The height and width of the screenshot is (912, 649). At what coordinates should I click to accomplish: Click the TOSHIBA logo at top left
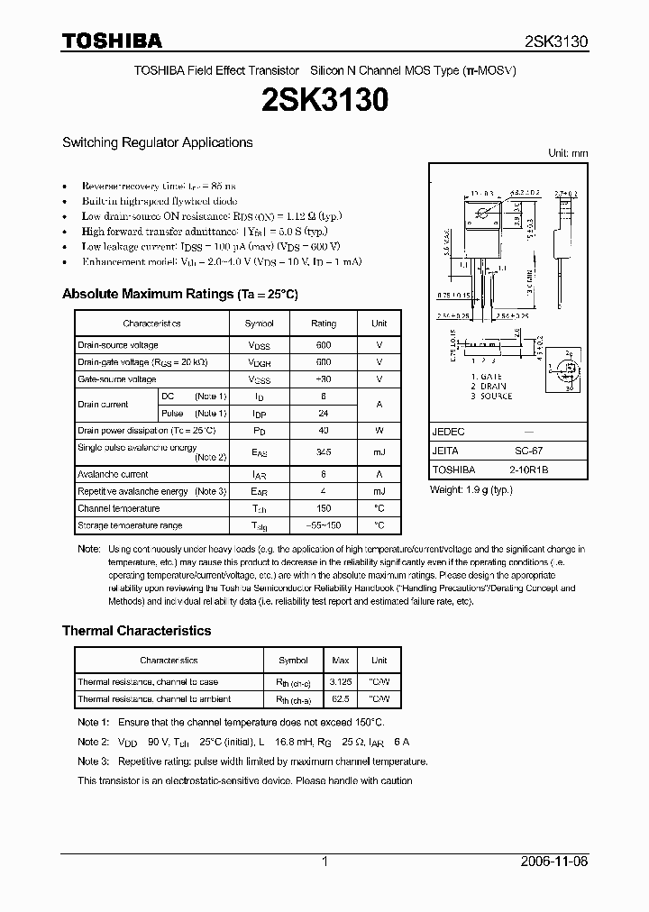112,41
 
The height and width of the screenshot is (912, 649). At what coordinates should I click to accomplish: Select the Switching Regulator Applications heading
157,142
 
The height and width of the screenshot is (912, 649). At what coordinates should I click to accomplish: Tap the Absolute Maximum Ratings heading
179,294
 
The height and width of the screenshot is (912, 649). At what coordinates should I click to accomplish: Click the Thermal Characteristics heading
136,631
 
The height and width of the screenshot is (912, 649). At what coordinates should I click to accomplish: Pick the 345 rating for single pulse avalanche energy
324,452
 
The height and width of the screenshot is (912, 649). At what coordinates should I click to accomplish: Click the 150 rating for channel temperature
324,508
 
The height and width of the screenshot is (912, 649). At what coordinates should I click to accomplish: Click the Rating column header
324,323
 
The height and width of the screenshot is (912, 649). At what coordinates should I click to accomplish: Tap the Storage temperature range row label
130,525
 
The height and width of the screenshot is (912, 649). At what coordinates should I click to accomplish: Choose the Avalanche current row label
113,474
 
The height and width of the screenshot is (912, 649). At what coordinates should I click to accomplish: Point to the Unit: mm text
568,153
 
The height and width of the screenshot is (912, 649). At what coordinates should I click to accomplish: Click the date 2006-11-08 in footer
556,862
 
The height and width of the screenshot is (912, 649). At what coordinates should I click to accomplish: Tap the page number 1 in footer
324,862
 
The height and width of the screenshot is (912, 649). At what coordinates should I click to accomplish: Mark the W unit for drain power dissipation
379,430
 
